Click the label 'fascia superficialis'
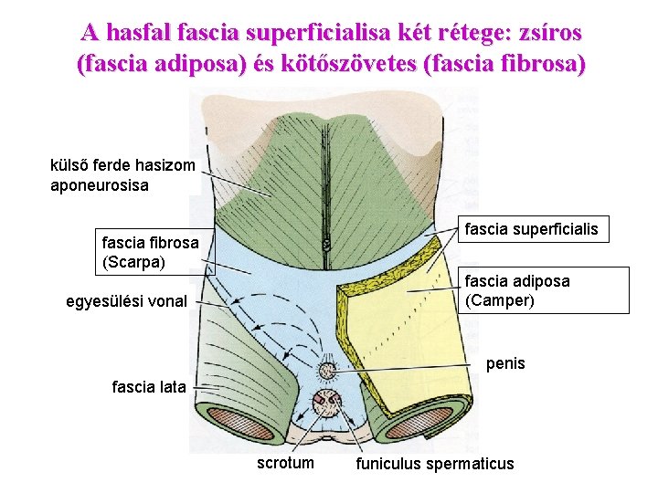pyautogui.click(x=532, y=229)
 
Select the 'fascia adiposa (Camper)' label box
pyautogui.click(x=544, y=290)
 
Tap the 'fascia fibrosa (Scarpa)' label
pyautogui.click(x=150, y=253)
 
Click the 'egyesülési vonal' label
pyautogui.click(x=127, y=301)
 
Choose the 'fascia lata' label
pyautogui.click(x=148, y=386)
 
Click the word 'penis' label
pyautogui.click(x=505, y=363)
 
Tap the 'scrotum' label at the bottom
pyautogui.click(x=285, y=463)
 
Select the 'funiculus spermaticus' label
pyautogui.click(x=435, y=464)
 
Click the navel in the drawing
pyautogui.click(x=325, y=245)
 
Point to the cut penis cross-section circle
pyautogui.click(x=326, y=371)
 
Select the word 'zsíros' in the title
pyautogui.click(x=542, y=33)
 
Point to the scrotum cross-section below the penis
pyautogui.click(x=327, y=403)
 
